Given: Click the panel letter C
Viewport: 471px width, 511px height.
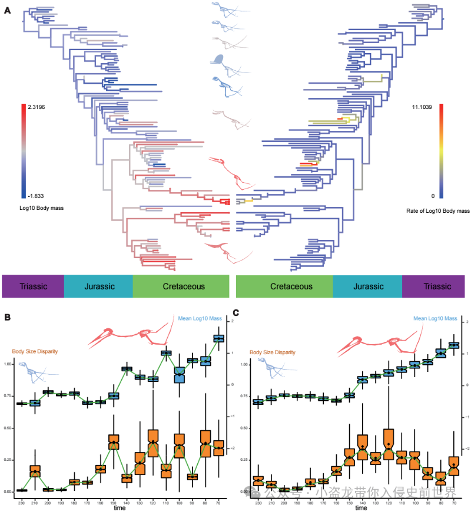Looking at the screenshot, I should [236, 314].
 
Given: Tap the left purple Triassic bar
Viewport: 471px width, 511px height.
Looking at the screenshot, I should [32, 287].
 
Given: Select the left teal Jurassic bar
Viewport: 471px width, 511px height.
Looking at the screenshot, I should [98, 287].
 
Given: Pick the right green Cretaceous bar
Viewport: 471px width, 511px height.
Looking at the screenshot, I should [284, 287].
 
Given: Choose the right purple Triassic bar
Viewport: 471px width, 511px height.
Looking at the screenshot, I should [436, 287].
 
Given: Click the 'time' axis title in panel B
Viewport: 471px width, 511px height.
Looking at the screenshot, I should [119, 507].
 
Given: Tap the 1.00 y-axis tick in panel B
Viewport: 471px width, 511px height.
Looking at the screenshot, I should [8, 364].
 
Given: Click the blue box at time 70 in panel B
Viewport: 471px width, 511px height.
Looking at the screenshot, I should [218, 338].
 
